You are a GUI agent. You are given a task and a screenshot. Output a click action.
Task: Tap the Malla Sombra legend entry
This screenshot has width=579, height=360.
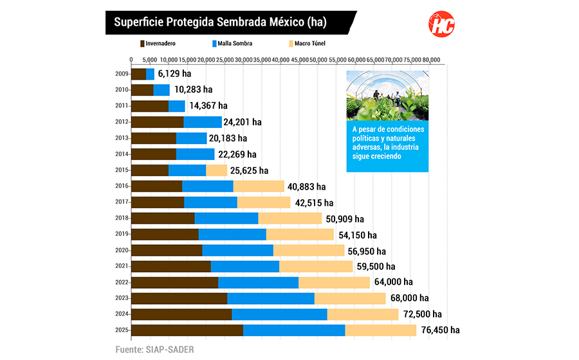[x=232, y=44]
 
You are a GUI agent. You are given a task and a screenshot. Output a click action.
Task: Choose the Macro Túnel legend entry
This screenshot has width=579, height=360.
[x=309, y=44]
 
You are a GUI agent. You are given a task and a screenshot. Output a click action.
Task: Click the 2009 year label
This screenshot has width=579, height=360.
[x=122, y=74]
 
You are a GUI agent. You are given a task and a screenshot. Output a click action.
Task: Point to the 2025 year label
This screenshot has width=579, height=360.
[x=122, y=330]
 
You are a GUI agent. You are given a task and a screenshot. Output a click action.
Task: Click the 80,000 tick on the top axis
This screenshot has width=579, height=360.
[x=431, y=59]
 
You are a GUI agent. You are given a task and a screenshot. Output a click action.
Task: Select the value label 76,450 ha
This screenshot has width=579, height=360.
[x=440, y=330]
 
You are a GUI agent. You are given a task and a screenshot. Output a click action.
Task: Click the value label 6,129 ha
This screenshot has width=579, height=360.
[x=175, y=74]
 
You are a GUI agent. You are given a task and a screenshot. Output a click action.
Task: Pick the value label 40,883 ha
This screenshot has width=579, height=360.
[x=308, y=186]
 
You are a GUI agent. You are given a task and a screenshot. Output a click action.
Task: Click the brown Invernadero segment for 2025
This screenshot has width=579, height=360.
[x=187, y=330]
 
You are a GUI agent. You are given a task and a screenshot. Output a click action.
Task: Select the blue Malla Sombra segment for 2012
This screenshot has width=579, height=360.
[x=203, y=122]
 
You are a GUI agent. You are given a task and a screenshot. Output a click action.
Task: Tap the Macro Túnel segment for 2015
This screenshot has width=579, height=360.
[x=217, y=170]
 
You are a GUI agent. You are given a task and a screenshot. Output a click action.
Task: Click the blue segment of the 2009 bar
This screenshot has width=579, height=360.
[x=151, y=74]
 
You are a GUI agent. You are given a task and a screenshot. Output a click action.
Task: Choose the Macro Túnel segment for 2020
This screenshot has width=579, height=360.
[x=309, y=250]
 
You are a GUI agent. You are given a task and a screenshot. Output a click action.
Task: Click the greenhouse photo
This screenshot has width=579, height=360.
[x=387, y=96]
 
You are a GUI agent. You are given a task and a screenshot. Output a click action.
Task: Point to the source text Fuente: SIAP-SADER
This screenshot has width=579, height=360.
[x=154, y=349]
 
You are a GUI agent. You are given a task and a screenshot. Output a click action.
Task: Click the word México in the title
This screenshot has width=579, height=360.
[x=286, y=22]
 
